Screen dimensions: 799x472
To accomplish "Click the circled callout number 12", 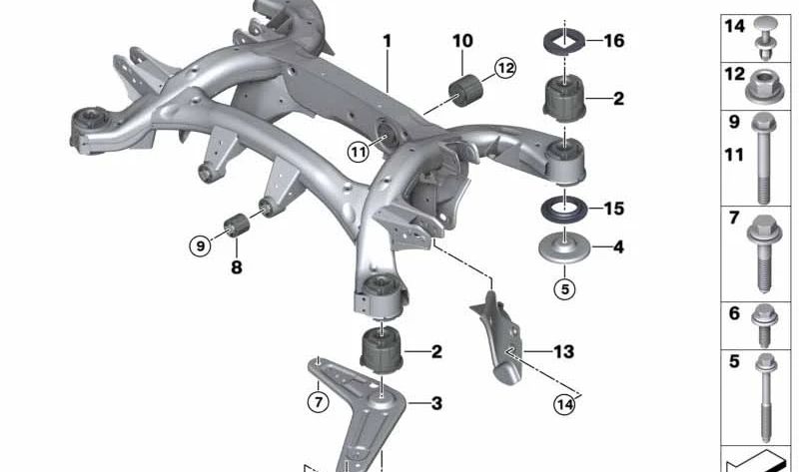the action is (504, 68).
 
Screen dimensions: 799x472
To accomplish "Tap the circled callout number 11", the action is (359, 152).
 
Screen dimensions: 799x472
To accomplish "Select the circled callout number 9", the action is (201, 245).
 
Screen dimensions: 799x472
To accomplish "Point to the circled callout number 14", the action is (564, 404).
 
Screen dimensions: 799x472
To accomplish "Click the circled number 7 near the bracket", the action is (319, 402).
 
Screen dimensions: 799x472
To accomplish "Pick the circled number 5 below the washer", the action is (564, 289).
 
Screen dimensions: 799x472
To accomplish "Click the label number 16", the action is (614, 41).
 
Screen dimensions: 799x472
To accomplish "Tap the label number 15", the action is (614, 209).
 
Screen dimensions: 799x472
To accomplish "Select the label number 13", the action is (564, 352).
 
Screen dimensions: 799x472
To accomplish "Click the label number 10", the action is (462, 41).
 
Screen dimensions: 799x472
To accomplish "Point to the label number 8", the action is (237, 266).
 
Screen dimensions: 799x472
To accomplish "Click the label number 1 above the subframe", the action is (388, 41).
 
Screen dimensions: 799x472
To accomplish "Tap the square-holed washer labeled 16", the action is (564, 42).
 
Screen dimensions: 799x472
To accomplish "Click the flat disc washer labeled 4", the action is (564, 248).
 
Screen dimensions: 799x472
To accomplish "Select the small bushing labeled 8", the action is (237, 225).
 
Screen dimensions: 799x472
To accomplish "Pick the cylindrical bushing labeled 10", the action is (465, 91).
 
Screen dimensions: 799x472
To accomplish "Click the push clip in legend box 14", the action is (764, 38).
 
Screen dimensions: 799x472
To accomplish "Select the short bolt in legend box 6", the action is (764, 325).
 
